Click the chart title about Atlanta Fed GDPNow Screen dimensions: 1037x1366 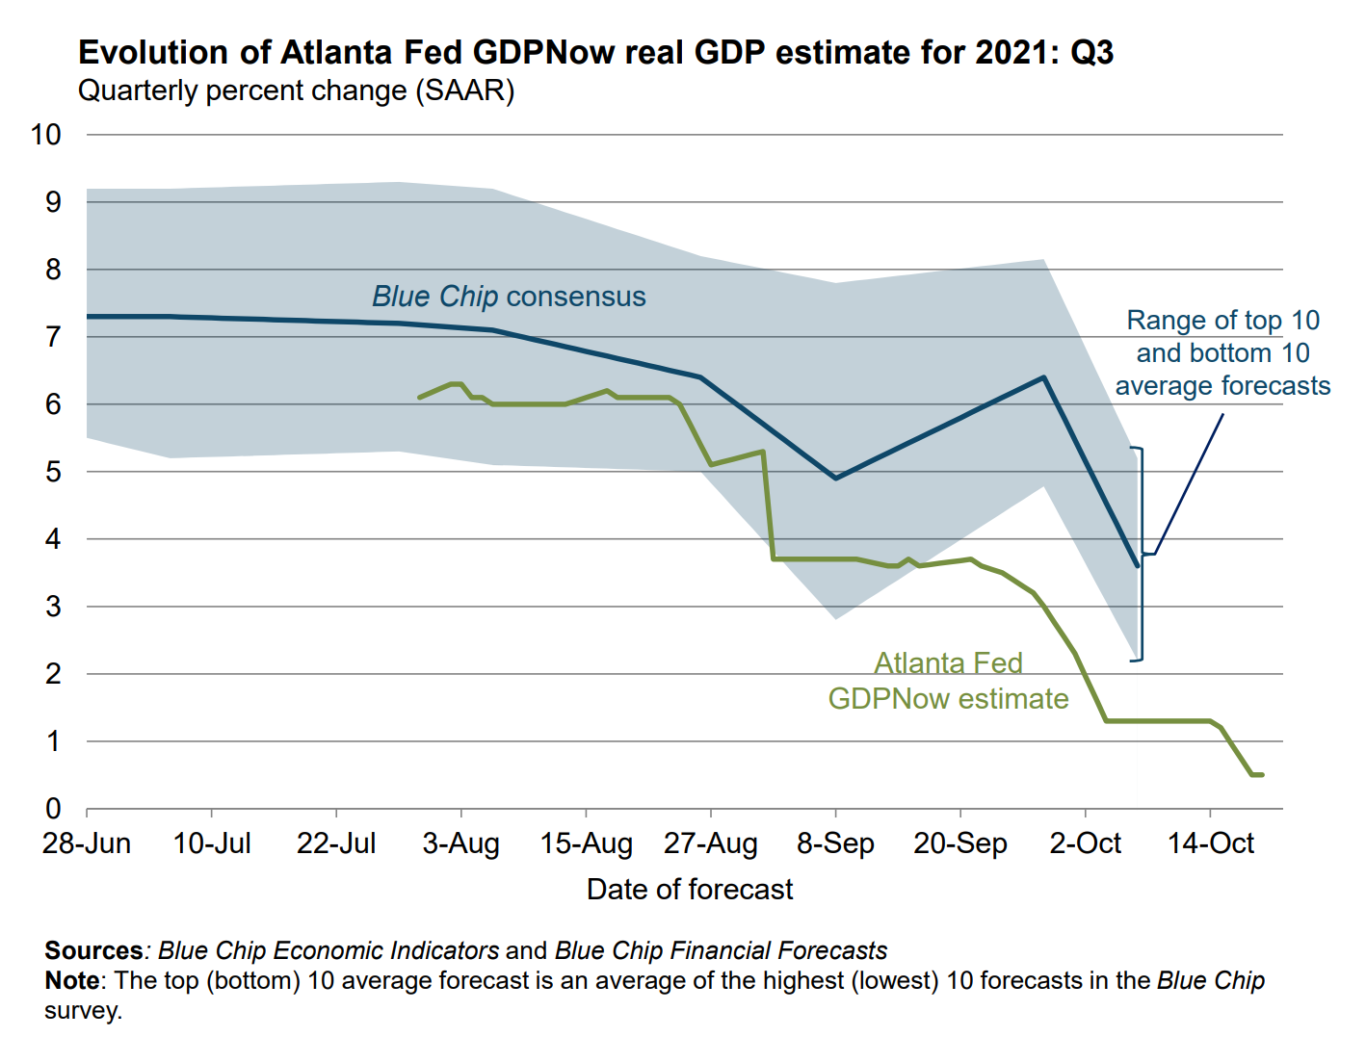(x=595, y=52)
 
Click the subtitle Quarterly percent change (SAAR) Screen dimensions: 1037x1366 (x=296, y=91)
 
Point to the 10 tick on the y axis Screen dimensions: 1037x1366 (x=46, y=135)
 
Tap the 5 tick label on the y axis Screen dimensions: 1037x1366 (x=53, y=472)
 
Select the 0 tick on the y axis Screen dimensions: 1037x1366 (x=53, y=809)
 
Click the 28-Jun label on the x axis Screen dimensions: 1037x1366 (x=87, y=843)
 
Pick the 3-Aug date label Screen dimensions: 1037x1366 (x=460, y=843)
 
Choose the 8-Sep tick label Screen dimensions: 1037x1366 (x=835, y=843)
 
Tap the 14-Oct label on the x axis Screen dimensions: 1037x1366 (x=1210, y=843)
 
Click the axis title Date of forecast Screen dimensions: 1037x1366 (x=690, y=889)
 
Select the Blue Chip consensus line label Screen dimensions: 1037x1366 (x=509, y=297)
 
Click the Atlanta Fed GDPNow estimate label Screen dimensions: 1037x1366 (x=948, y=681)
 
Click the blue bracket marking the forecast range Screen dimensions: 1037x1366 (x=1142, y=554)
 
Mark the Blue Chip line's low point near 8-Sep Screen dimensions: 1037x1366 (x=835, y=478)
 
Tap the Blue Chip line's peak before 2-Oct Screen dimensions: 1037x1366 (x=1043, y=377)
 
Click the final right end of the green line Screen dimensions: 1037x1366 (x=1261, y=774)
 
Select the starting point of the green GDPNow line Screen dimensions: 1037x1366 (x=419, y=397)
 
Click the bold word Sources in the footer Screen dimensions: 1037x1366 (x=93, y=950)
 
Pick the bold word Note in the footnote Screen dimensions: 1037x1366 (x=72, y=980)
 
